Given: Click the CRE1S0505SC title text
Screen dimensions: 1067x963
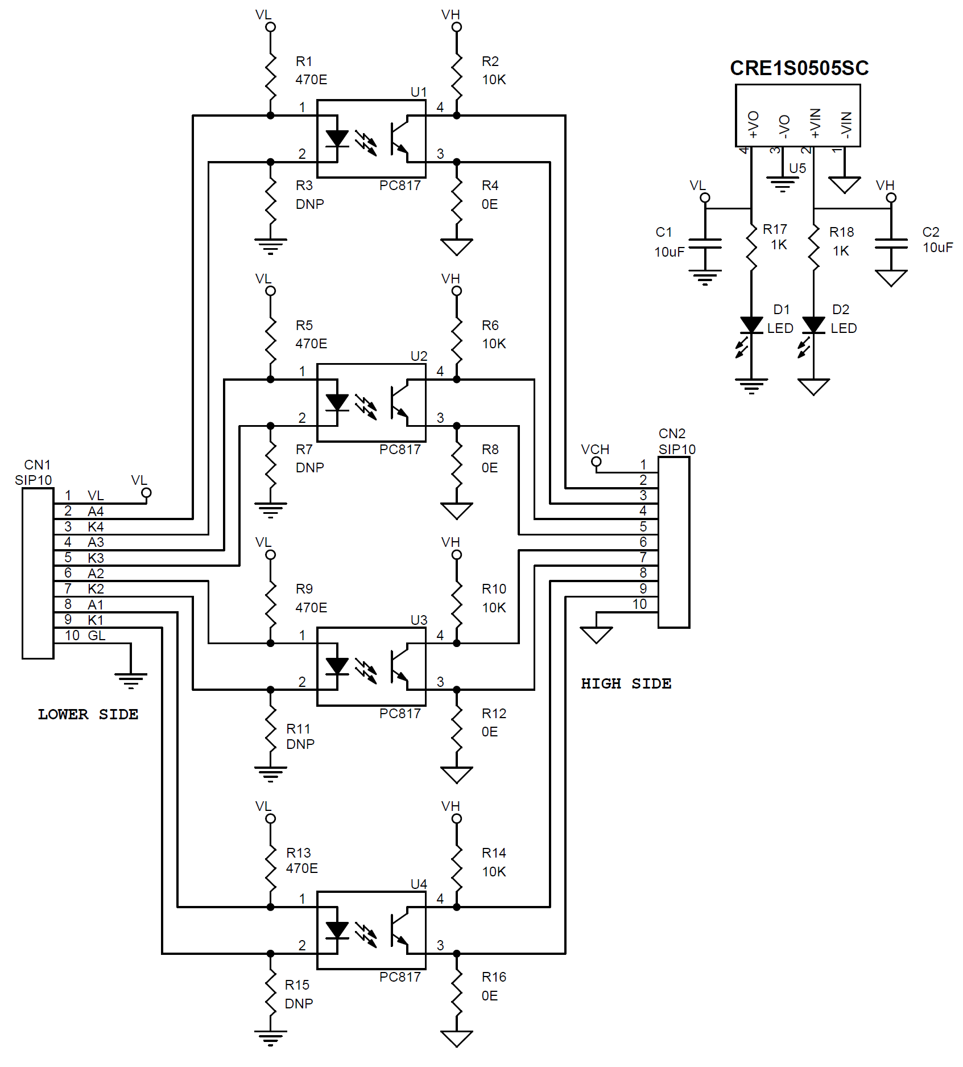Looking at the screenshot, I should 799,68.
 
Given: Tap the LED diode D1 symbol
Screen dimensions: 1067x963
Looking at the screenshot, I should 751,326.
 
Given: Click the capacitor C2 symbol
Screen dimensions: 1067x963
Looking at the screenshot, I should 891,244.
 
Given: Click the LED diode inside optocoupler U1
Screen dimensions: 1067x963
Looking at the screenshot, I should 337,139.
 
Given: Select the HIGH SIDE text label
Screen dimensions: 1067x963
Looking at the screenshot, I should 626,683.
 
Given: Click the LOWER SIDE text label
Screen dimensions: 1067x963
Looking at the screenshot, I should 88,714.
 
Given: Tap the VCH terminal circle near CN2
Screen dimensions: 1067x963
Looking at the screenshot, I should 596,462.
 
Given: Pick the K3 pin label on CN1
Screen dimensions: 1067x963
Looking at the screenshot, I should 96,558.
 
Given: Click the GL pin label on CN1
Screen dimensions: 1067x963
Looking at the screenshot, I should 97,636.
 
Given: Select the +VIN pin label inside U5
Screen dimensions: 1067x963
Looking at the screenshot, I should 815,123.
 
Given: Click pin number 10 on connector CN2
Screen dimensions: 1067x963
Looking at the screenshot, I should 640,604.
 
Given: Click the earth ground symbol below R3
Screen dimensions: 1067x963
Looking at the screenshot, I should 271,246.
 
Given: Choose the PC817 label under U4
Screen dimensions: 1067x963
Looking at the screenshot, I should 400,977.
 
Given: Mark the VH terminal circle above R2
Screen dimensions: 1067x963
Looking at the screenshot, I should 457,27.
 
